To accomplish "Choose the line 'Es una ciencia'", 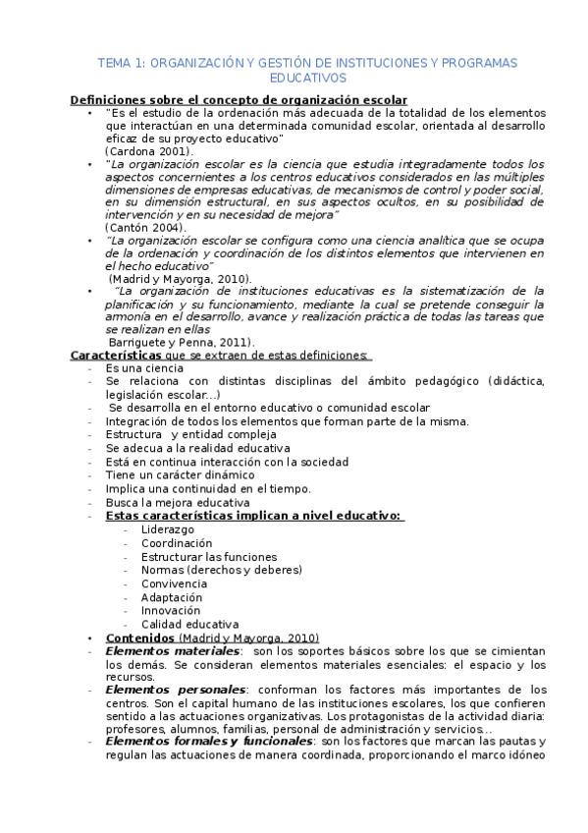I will [144, 367].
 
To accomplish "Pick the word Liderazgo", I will [167, 528].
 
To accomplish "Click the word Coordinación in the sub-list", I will [177, 542].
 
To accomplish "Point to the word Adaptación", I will [172, 596].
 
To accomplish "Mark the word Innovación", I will [171, 610].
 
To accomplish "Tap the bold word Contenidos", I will [139, 638].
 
